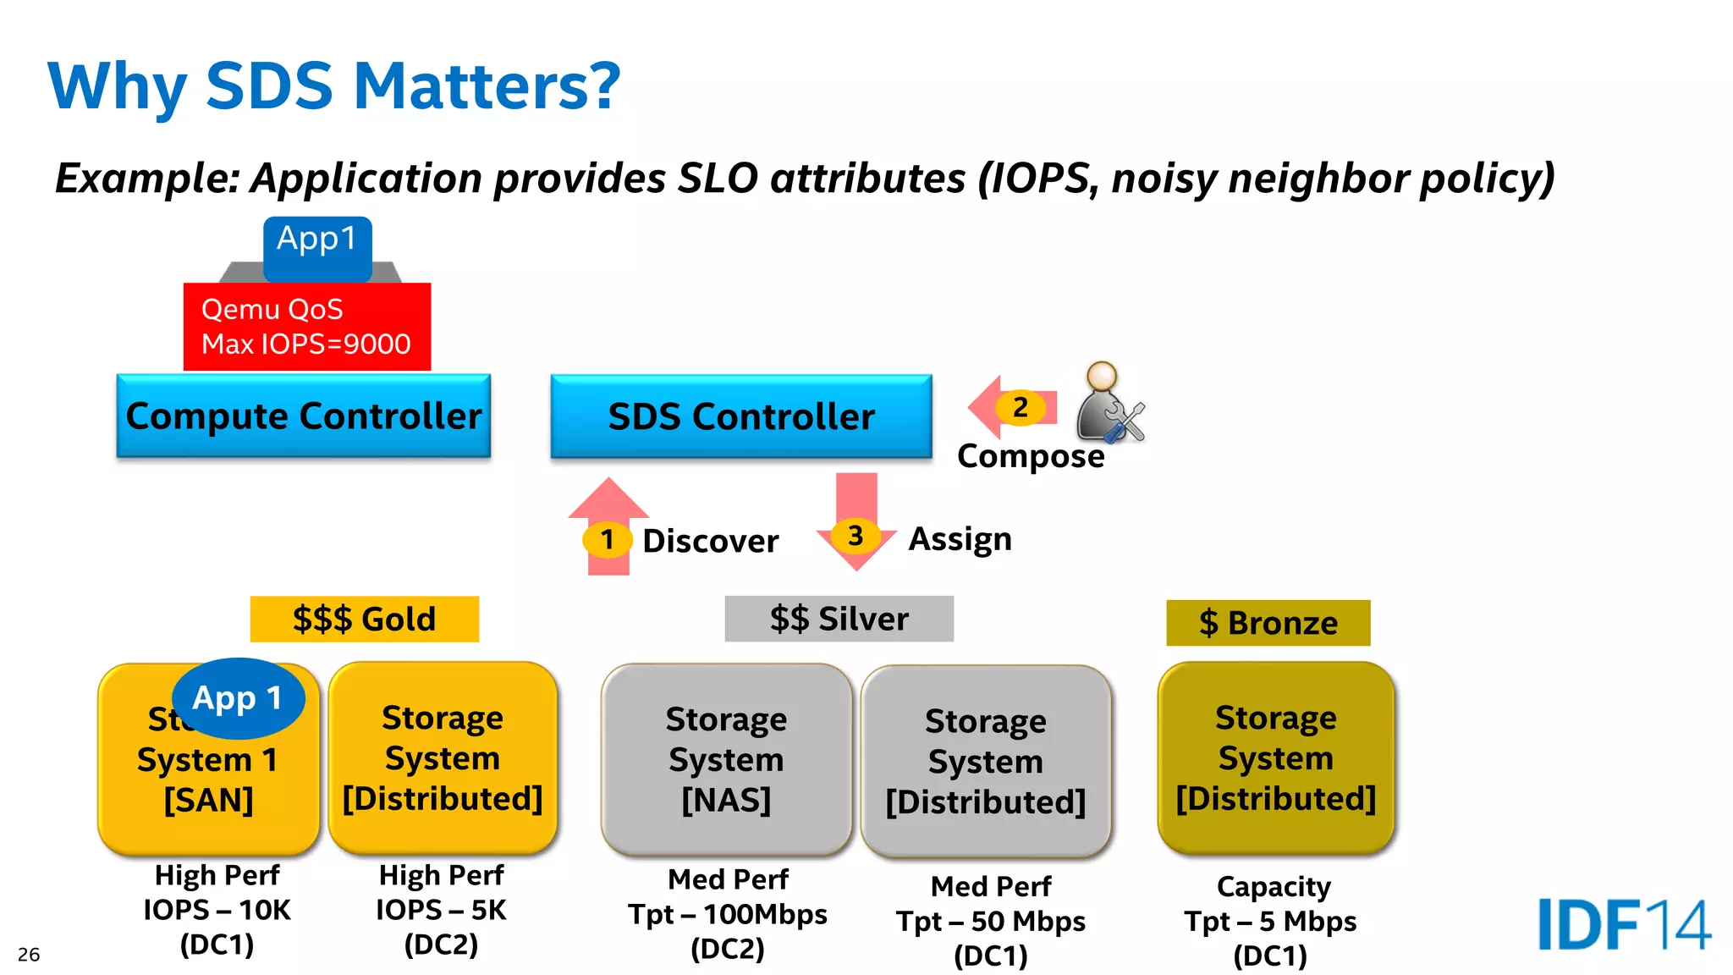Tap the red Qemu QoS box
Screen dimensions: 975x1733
pos(306,327)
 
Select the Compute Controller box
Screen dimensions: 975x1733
pos(303,416)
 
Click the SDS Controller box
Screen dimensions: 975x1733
pos(740,416)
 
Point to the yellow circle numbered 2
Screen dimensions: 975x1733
pos(1021,407)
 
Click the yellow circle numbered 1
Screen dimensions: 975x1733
pos(607,539)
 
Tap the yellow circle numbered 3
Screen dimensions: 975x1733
pos(855,535)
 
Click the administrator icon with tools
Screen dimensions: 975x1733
pos(1109,404)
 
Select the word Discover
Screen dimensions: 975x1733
pos(710,541)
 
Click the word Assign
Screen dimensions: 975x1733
pos(960,539)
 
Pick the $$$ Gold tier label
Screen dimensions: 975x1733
pos(364,619)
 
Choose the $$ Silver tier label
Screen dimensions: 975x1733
pos(839,619)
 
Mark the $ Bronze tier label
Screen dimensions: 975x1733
pos(1268,623)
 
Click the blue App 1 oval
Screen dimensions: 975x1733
pos(238,698)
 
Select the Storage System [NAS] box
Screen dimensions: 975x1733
pos(726,759)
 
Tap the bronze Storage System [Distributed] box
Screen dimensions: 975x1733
pos(1275,757)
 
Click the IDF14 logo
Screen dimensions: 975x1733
pos(1623,925)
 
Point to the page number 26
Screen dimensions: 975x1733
pos(29,955)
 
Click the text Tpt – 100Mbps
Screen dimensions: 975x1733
pos(728,914)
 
